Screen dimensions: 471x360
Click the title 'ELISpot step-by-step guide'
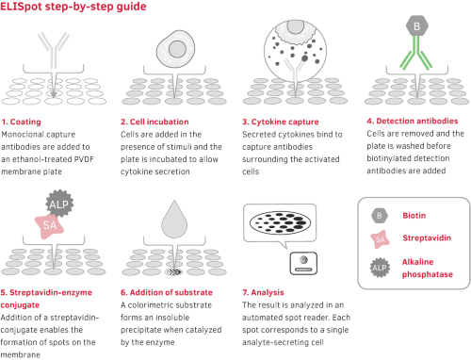click(x=73, y=7)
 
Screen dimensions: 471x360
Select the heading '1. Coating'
click(x=21, y=122)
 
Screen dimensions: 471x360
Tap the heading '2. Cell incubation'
click(x=154, y=122)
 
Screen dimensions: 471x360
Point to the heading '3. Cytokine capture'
click(x=281, y=122)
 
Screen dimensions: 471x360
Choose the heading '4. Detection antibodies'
click(x=413, y=121)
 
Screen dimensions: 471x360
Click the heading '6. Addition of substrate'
click(x=167, y=292)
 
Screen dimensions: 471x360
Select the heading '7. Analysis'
click(x=263, y=292)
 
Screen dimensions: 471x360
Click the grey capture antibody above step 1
click(x=54, y=50)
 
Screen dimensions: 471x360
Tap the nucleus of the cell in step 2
click(x=177, y=49)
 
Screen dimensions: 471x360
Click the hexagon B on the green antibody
click(x=417, y=25)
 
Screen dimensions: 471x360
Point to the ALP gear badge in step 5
click(x=59, y=203)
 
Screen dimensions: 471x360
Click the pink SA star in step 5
click(x=50, y=225)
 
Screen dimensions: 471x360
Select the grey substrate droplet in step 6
click(x=174, y=220)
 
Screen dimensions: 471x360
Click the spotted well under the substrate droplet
click(x=174, y=271)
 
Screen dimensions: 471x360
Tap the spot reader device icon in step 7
click(x=303, y=263)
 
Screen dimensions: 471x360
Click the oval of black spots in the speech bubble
click(x=280, y=222)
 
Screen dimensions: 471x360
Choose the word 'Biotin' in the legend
click(x=414, y=216)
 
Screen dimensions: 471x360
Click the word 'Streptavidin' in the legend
click(x=427, y=237)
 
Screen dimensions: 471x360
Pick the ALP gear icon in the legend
click(x=380, y=268)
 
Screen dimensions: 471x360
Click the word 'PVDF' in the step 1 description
click(x=84, y=159)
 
